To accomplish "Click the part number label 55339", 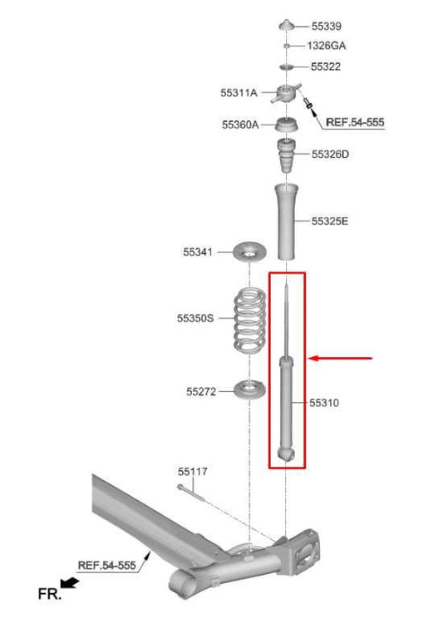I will pyautogui.click(x=326, y=27).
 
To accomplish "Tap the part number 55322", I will pyautogui.click(x=326, y=66).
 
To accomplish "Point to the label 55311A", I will pyautogui.click(x=239, y=94).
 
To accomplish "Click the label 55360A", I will pyautogui.click(x=240, y=125).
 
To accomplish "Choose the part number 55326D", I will pyautogui.click(x=330, y=154).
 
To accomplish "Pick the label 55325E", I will pyautogui.click(x=330, y=221).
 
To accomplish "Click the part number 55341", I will pyautogui.click(x=199, y=250).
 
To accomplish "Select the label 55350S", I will pyautogui.click(x=195, y=317).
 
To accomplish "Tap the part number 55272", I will pyautogui.click(x=201, y=389).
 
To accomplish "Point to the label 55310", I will pyautogui.click(x=324, y=403).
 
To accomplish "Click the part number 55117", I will pyautogui.click(x=192, y=471).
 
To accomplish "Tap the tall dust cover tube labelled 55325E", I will pyautogui.click(x=286, y=221).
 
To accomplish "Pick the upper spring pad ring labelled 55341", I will pyautogui.click(x=248, y=250).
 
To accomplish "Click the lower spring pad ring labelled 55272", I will pyautogui.click(x=248, y=388).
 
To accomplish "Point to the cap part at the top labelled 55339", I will pyautogui.click(x=286, y=25).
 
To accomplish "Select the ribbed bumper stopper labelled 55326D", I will pyautogui.click(x=286, y=157).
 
